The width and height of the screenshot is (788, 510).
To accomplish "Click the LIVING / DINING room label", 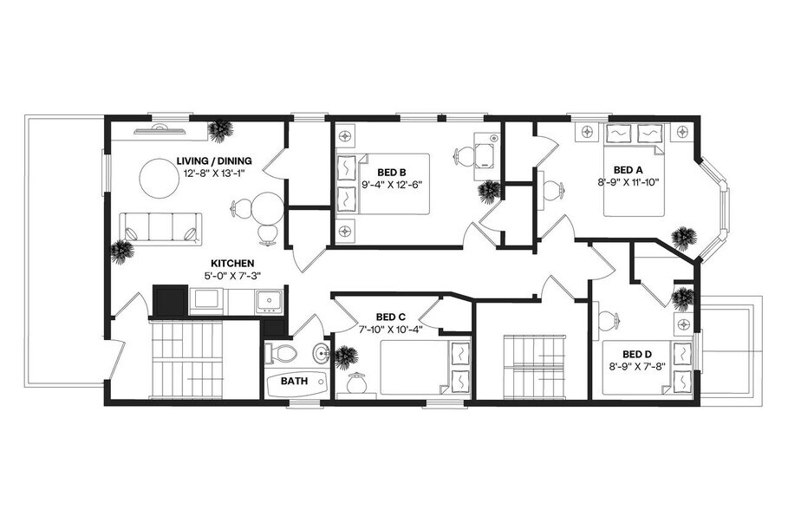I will (x=213, y=160).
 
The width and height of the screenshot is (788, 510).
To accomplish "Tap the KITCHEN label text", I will (x=231, y=263).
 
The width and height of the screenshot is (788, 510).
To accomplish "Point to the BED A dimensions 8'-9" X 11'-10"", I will (x=628, y=182).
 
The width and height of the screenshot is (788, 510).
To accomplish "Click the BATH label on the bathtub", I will (x=294, y=381).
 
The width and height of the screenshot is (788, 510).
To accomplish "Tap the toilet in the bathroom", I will (x=281, y=353).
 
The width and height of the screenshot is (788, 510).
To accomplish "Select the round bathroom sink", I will (x=320, y=353).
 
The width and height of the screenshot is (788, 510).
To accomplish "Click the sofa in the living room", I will (x=160, y=227).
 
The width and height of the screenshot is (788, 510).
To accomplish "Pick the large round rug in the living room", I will (x=164, y=178).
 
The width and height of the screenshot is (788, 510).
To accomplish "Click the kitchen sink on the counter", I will (x=266, y=301).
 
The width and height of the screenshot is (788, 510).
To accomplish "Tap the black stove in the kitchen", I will (x=171, y=301).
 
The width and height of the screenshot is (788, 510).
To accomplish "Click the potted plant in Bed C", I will (x=347, y=356).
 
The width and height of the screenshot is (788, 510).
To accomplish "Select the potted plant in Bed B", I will (x=489, y=191).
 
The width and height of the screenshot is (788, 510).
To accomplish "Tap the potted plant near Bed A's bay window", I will (x=684, y=237).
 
